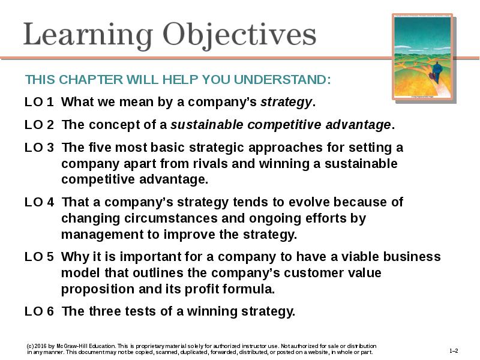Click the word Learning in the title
(x=88, y=36)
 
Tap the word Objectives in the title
(x=239, y=36)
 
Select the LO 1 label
(x=39, y=102)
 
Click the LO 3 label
(x=39, y=148)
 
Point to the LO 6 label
(x=39, y=311)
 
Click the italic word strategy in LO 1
(x=286, y=103)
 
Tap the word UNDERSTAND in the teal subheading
(x=282, y=80)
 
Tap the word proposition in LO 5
(x=98, y=289)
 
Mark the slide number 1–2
(x=454, y=351)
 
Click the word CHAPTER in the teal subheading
(x=91, y=80)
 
